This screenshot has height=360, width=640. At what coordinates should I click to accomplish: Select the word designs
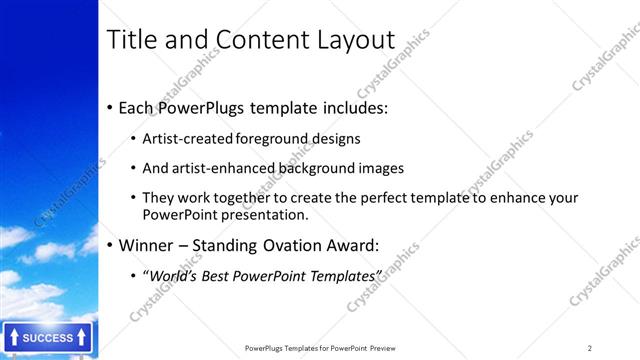coord(336,138)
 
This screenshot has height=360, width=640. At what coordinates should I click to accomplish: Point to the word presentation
coord(263,214)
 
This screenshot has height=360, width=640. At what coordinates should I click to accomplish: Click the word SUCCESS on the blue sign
coord(48,338)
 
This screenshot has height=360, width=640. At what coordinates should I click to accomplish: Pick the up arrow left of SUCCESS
coord(13,338)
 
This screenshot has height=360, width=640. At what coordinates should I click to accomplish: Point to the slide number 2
coord(590,347)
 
